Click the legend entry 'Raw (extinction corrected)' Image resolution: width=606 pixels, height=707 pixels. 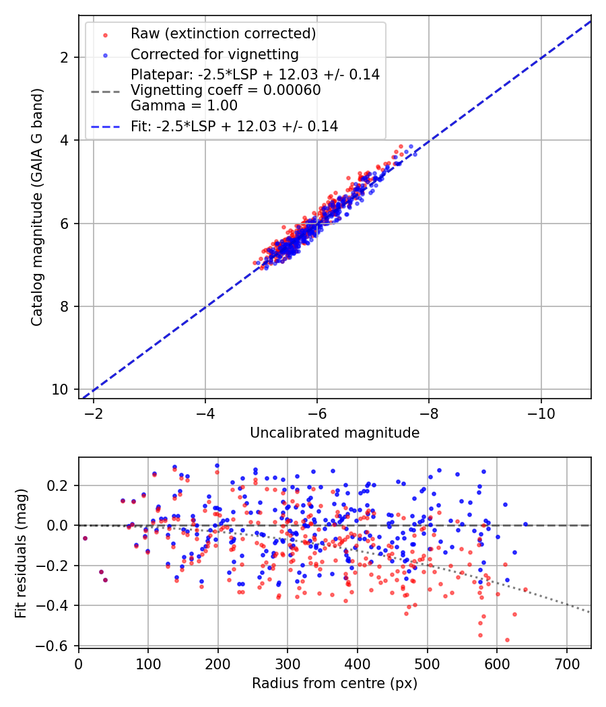223,34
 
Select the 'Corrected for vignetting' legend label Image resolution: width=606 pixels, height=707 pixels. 214,54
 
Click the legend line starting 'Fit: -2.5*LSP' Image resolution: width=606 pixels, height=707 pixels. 234,126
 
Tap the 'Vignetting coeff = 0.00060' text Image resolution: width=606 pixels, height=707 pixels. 226,90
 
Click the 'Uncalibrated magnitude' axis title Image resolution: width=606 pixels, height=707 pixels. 335,433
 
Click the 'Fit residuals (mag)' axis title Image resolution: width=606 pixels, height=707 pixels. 21,552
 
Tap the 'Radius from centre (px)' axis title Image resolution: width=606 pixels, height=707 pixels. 335,683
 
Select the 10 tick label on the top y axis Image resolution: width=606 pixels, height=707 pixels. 61,390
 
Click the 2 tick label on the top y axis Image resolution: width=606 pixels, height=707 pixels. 64,57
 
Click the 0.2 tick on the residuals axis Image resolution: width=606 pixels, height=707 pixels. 57,485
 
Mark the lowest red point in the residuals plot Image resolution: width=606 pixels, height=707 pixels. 507,640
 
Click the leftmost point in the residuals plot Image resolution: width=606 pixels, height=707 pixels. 85,538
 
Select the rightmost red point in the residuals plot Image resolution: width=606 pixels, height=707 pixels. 525,589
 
